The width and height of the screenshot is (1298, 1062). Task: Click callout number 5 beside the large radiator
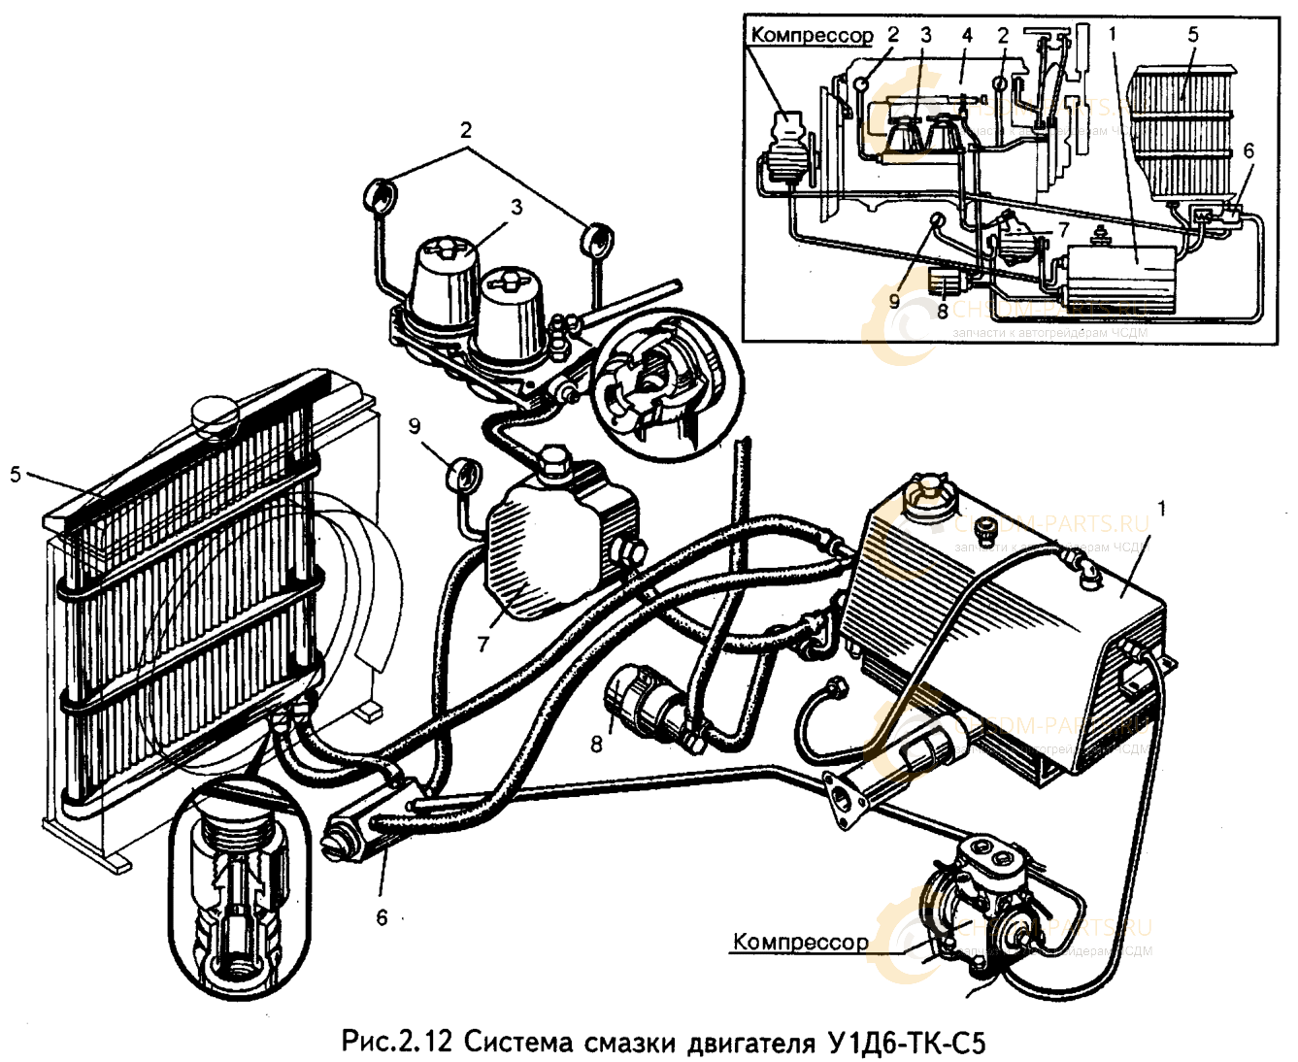pos(15,475)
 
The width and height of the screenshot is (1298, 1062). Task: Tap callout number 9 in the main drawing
pos(415,426)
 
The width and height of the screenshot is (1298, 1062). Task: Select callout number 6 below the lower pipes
pos(382,917)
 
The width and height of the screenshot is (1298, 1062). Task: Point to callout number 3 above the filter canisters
pos(516,207)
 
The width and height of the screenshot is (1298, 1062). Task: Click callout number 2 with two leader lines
pos(466,129)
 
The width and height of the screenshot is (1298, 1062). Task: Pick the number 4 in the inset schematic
pos(967,36)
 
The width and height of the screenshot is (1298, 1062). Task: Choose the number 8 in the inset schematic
pos(942,313)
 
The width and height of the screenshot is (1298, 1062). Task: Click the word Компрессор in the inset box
pos(812,36)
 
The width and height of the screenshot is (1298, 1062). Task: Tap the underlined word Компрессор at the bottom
pos(800,942)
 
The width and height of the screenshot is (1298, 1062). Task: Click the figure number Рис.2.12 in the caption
pos(397,1043)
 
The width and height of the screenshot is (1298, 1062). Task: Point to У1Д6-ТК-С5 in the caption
pos(908,1043)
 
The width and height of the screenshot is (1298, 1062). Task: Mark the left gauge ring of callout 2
pos(380,195)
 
